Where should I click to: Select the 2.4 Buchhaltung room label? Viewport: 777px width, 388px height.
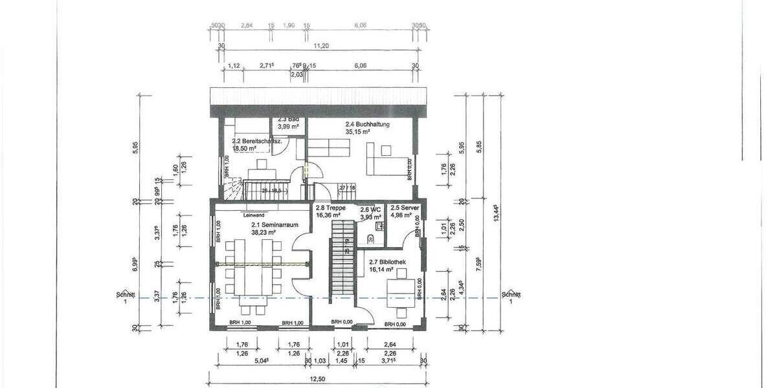pyautogui.click(x=367, y=124)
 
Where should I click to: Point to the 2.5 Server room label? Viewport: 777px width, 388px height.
pyautogui.click(x=404, y=208)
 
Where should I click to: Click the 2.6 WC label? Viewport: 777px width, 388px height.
pyautogui.click(x=370, y=210)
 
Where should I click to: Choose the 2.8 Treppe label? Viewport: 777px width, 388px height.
pyautogui.click(x=330, y=208)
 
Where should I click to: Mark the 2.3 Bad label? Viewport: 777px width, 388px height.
pyautogui.click(x=288, y=120)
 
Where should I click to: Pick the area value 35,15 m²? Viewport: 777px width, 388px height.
pyautogui.click(x=357, y=131)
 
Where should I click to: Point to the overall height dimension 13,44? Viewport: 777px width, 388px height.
pyautogui.click(x=496, y=213)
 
